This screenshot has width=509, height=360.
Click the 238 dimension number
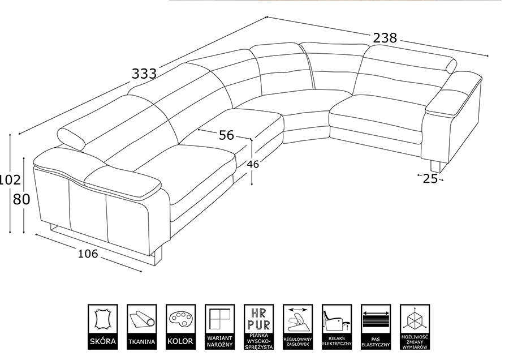tap(385, 38)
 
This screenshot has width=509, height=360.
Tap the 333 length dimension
tap(144, 74)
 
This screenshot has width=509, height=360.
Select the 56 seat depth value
tap(226, 135)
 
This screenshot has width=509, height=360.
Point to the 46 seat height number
tap(253, 164)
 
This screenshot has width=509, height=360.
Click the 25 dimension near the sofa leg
tap(430, 179)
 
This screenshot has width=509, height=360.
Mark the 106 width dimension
tap(88, 254)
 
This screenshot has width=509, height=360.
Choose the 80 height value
tap(21, 199)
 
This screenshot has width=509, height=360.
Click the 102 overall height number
tap(10, 179)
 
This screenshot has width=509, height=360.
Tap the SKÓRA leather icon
tap(102, 327)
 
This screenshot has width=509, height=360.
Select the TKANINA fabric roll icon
tap(141, 327)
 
